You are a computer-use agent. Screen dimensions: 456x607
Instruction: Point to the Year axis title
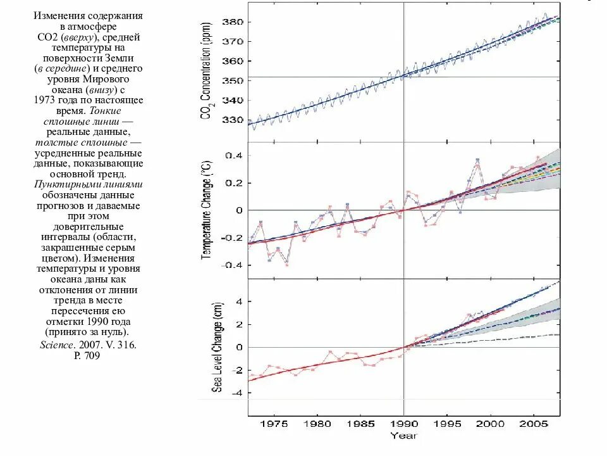tap(403, 435)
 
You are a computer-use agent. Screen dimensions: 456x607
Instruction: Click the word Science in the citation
tap(56, 345)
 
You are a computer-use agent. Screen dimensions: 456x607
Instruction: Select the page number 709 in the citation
tap(92, 356)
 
